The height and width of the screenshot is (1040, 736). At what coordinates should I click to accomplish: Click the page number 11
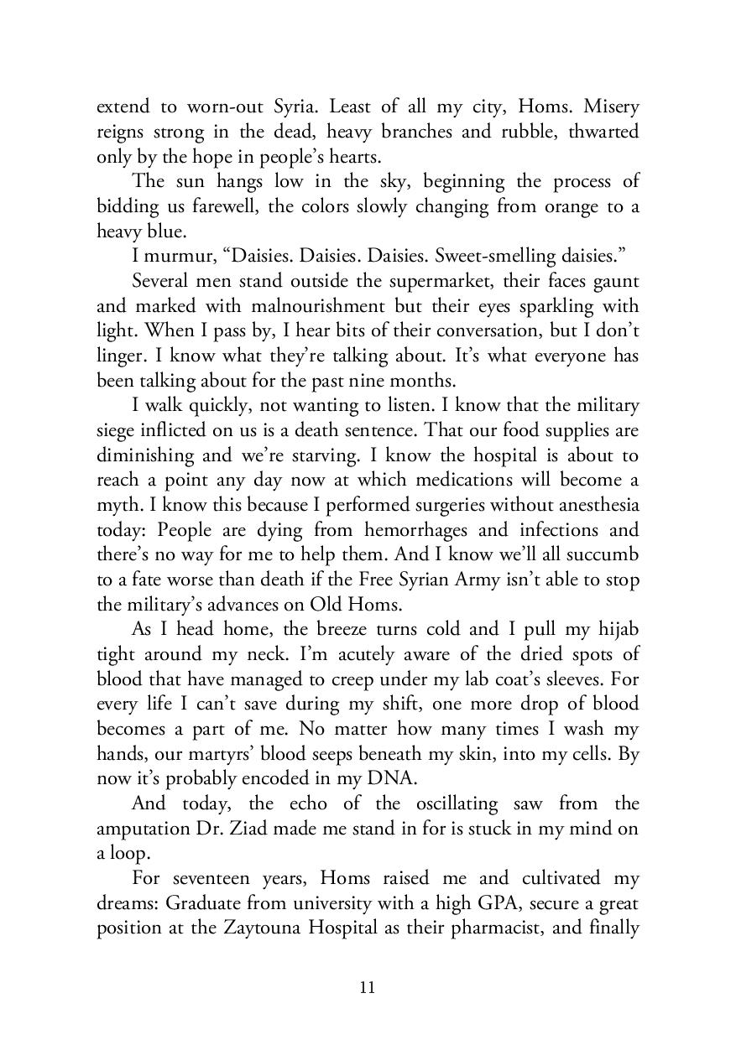[x=368, y=987]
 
